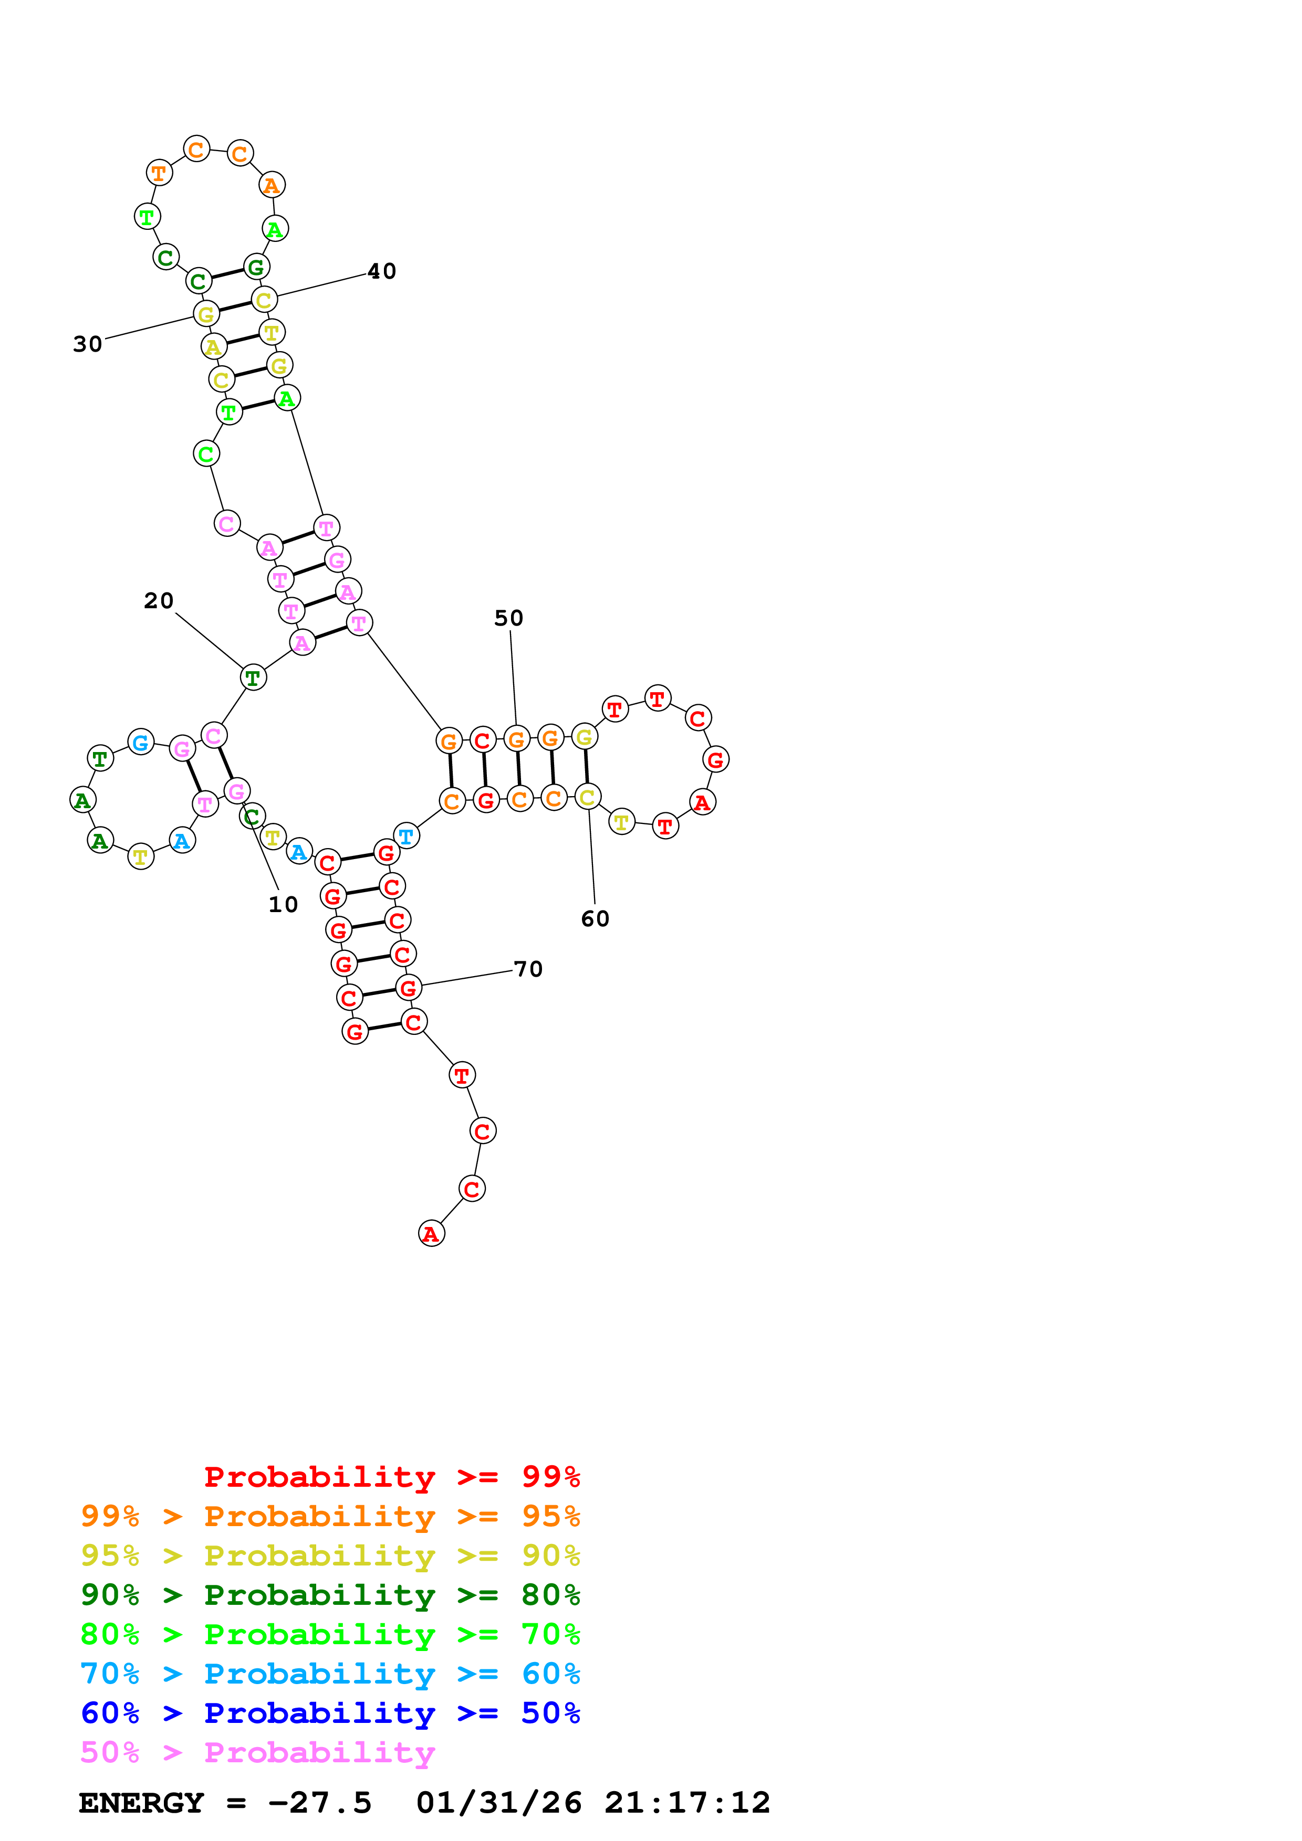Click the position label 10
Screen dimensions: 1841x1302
pyautogui.click(x=283, y=904)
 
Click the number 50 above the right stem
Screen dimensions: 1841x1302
pyautogui.click(x=508, y=618)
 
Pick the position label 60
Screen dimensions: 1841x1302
pyautogui.click(x=595, y=919)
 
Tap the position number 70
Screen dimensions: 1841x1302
pyautogui.click(x=528, y=969)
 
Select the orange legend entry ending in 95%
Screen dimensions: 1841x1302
pyautogui.click(x=330, y=1516)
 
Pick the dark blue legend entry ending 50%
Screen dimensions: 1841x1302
pyautogui.click(x=330, y=1713)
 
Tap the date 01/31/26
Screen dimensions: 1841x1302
pyautogui.click(x=498, y=1803)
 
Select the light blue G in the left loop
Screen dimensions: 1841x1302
pyautogui.click(x=140, y=743)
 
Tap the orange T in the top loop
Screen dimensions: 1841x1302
pyautogui.click(x=159, y=172)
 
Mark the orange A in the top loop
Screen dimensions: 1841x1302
pyautogui.click(x=272, y=185)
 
